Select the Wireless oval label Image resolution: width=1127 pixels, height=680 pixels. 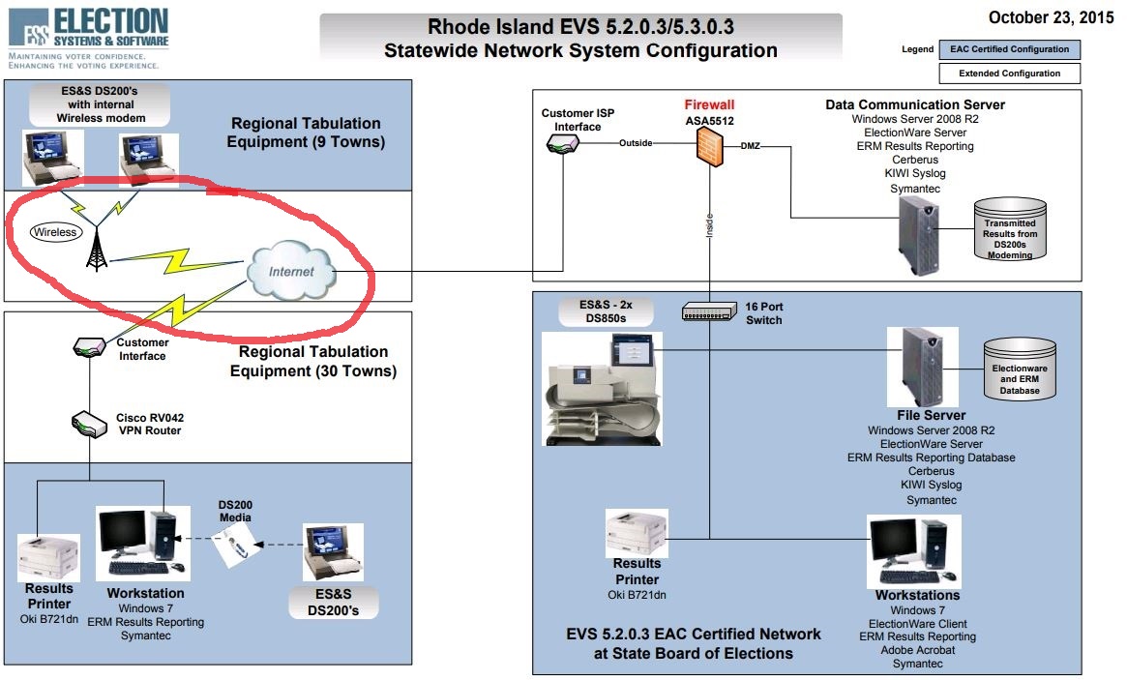55,232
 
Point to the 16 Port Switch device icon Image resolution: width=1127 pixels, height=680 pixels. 709,312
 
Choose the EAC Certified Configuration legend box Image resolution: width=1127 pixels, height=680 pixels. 1009,49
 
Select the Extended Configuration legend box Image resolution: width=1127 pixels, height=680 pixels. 1009,74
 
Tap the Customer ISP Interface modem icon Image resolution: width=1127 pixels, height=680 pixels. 562,143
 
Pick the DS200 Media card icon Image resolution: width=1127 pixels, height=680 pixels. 235,548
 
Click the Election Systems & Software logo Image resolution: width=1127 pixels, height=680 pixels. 88,31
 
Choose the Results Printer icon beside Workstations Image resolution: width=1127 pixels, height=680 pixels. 635,531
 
